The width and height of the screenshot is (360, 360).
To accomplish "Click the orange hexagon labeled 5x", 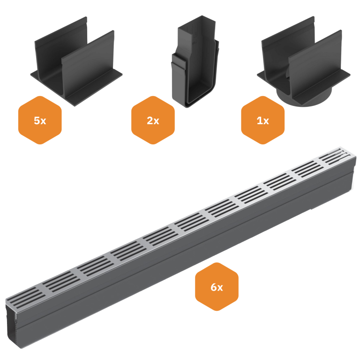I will pos(40,120).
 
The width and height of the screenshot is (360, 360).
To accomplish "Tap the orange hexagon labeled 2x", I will pos(153,120).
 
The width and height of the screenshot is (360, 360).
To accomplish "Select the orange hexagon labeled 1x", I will pos(262,120).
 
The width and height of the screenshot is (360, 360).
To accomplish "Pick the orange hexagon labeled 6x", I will pos(217,287).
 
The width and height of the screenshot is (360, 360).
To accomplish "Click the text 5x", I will pos(40,120).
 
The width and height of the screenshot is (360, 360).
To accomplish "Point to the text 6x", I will pos(217,287).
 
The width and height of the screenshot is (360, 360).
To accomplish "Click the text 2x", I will pos(153,120).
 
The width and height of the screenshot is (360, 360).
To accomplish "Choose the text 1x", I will pos(262,120).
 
